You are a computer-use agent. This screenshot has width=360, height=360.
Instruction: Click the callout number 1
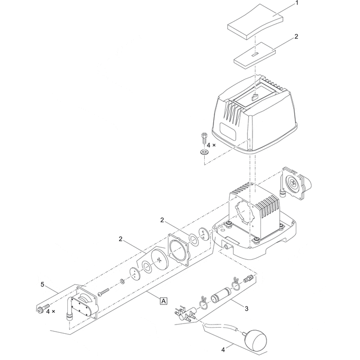(297, 3)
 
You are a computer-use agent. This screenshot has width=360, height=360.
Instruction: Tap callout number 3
(246, 309)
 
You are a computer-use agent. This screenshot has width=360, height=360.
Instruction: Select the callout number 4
(223, 350)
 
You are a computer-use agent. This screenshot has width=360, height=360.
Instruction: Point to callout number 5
(42, 284)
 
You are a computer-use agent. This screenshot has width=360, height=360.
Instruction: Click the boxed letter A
(164, 301)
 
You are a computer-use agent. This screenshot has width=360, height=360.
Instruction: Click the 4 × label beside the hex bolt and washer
(211, 145)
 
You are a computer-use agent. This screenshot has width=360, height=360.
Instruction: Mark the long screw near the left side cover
(105, 292)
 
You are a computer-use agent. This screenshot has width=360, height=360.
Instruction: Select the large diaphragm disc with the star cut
(159, 259)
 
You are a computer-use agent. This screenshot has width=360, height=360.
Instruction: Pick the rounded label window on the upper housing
(228, 131)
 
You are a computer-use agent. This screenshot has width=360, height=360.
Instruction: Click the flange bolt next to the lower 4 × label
(43, 309)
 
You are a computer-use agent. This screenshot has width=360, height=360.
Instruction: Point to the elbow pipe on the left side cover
(69, 309)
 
